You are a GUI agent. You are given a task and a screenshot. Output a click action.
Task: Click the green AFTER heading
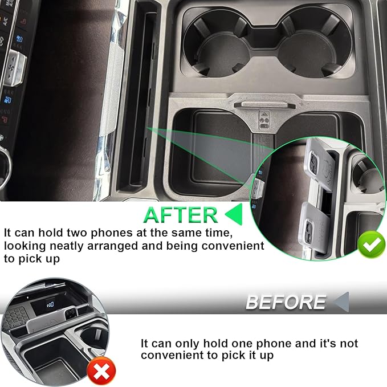(x=181, y=215)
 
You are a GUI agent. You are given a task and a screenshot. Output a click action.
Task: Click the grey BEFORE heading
(x=286, y=302)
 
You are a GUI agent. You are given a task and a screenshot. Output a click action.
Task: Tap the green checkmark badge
(x=371, y=245)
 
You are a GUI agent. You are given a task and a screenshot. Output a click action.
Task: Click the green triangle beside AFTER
(x=234, y=214)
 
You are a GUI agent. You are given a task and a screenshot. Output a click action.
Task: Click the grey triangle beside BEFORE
(x=341, y=302)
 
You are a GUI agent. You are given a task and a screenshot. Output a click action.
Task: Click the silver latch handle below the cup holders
(x=264, y=105)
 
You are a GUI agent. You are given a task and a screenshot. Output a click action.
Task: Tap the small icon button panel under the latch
(x=264, y=120)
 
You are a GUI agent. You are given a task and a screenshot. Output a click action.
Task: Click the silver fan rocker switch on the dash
(x=15, y=67)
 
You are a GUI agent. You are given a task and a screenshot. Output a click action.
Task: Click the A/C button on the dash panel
(x=5, y=22)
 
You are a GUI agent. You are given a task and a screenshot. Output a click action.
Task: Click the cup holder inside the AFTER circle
(x=367, y=175)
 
